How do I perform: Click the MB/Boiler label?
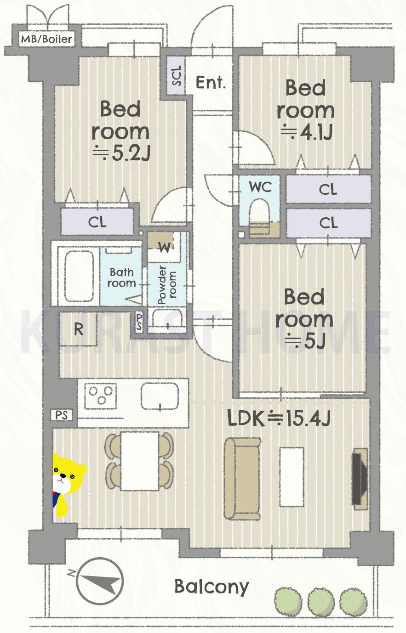(47, 39)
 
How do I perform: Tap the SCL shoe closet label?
(177, 76)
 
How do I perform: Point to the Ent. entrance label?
(211, 83)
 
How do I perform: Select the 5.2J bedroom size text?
(121, 153)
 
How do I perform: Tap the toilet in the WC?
(260, 217)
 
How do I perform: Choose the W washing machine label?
(165, 248)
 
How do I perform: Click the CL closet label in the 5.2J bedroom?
(97, 222)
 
